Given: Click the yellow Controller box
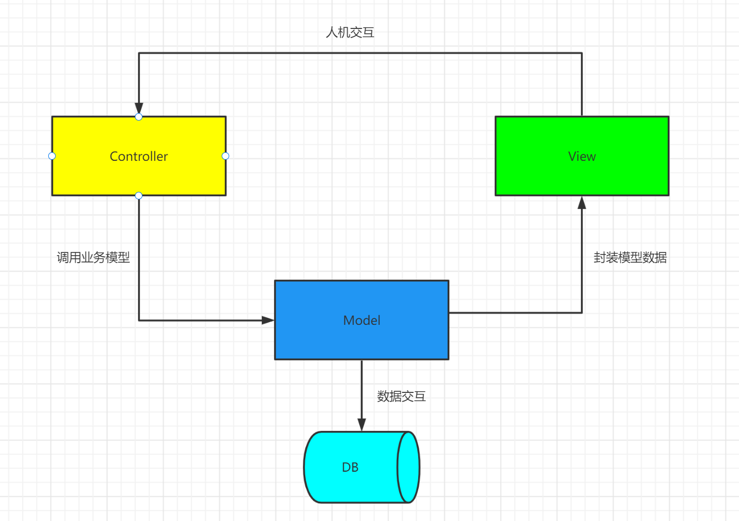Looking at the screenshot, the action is [x=139, y=156].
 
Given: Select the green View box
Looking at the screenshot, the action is [x=582, y=156].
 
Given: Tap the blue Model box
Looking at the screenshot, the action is [x=361, y=320].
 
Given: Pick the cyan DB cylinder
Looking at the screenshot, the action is [x=361, y=467].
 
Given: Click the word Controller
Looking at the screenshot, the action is [x=139, y=156].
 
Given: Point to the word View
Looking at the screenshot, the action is [x=582, y=156].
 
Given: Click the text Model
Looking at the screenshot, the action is [x=361, y=320].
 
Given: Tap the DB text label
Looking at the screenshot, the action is [x=350, y=467].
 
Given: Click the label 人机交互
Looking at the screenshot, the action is [x=350, y=32].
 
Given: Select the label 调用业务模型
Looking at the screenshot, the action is [x=93, y=257].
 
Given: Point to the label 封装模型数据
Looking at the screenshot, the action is [x=630, y=257].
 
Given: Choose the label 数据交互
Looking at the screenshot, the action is [x=401, y=396].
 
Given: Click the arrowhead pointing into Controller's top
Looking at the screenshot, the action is [x=139, y=108].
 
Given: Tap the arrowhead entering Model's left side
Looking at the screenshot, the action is [x=268, y=320].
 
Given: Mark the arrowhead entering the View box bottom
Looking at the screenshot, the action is [x=582, y=203].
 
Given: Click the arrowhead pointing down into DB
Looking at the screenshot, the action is [x=361, y=425].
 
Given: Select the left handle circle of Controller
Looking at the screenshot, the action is [x=52, y=156].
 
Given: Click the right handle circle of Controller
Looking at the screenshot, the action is [x=225, y=156].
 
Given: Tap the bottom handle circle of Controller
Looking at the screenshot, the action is [x=139, y=196].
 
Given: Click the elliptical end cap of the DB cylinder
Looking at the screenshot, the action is [x=397, y=467].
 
